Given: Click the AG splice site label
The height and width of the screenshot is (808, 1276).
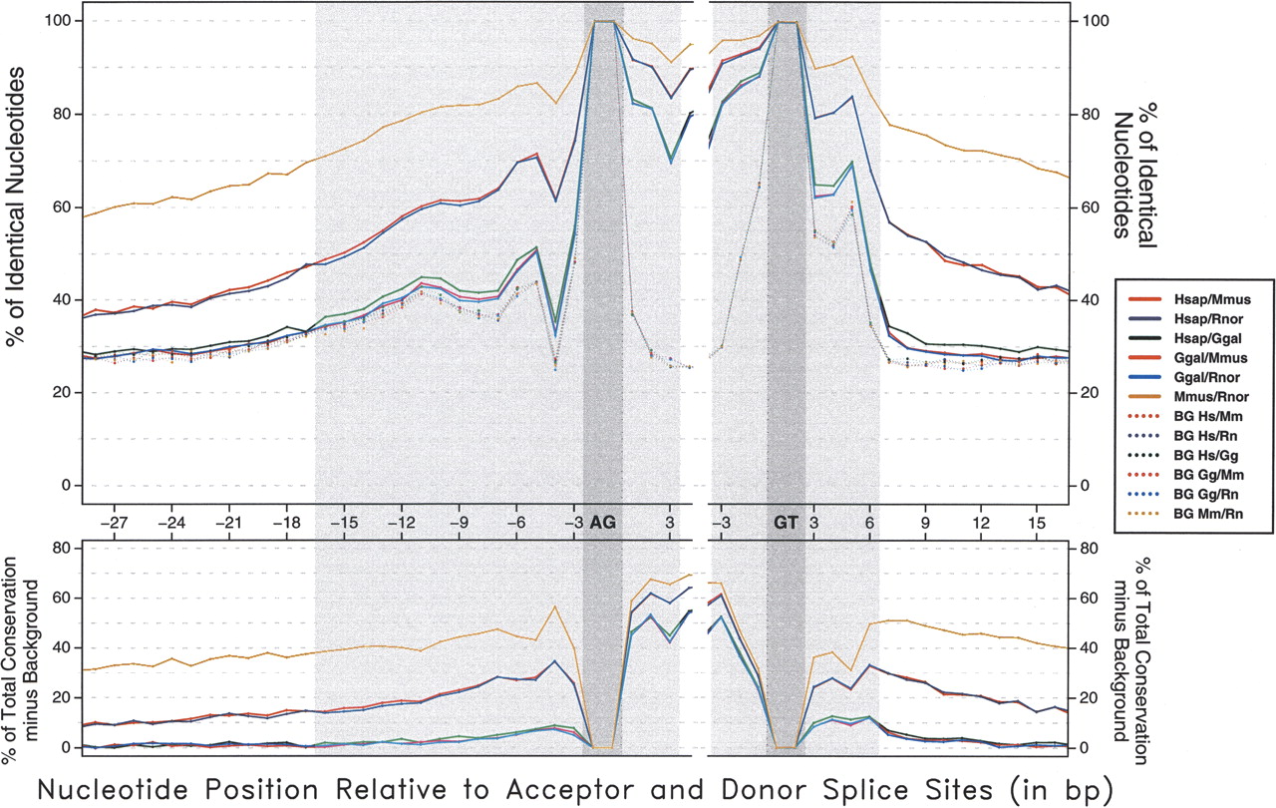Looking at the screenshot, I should (602, 522).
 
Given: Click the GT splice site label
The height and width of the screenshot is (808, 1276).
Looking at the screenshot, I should (786, 522).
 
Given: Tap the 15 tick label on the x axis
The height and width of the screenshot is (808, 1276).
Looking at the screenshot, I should (1037, 522).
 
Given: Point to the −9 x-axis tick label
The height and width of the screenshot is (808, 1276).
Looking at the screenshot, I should (459, 522).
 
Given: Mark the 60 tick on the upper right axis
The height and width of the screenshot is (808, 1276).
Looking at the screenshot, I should (1089, 207).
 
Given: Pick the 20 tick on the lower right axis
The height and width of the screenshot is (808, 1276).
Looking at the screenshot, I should (1089, 697).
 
